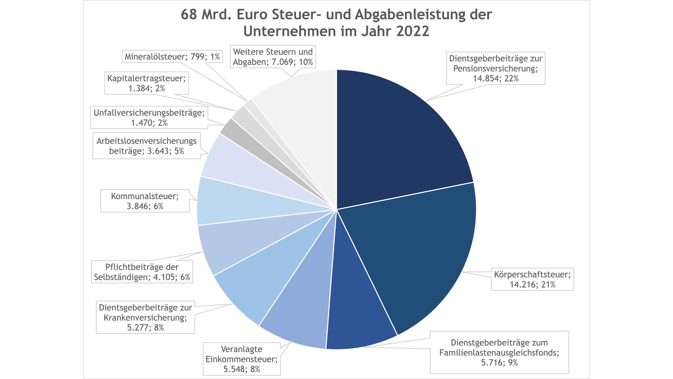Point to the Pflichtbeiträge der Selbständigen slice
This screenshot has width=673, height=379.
[235, 243]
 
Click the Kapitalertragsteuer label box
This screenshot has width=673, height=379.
[147, 83]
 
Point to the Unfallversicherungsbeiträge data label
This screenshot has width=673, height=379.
[149, 117]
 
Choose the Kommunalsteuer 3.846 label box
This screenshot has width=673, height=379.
[145, 201]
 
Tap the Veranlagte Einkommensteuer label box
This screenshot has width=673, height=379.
[242, 359]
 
